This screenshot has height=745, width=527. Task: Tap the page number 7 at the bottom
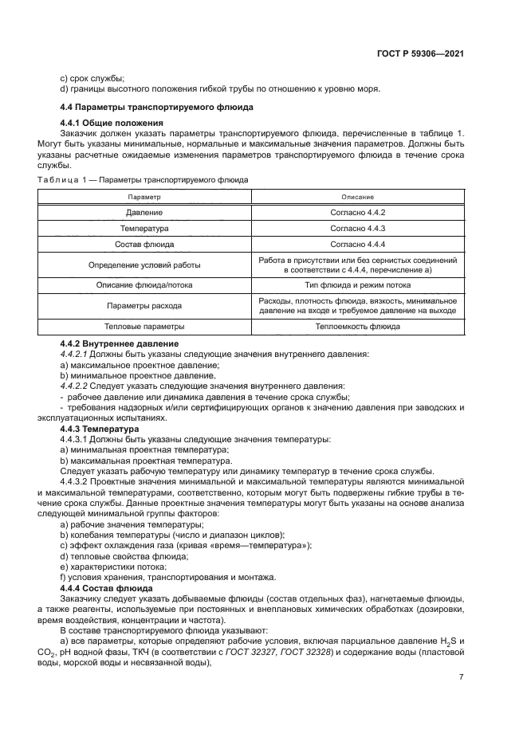[462, 677]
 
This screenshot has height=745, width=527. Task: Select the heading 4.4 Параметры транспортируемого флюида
[157, 106]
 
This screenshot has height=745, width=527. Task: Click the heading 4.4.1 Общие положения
[112, 123]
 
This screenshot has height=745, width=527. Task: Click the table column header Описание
[358, 196]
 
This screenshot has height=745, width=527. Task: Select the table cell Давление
[144, 213]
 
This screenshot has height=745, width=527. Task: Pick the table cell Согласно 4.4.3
[358, 229]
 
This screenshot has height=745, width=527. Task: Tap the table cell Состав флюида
[144, 245]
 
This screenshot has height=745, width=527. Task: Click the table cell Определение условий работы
[144, 265]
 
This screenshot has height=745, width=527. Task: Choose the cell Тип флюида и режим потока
[358, 284]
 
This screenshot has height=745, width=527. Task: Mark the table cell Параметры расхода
[144, 305]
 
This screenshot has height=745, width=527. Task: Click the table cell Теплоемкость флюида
[358, 326]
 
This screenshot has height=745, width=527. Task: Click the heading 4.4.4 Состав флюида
[106, 587]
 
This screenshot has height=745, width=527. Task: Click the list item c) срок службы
[92, 78]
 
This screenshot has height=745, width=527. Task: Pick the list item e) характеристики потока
[113, 567]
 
